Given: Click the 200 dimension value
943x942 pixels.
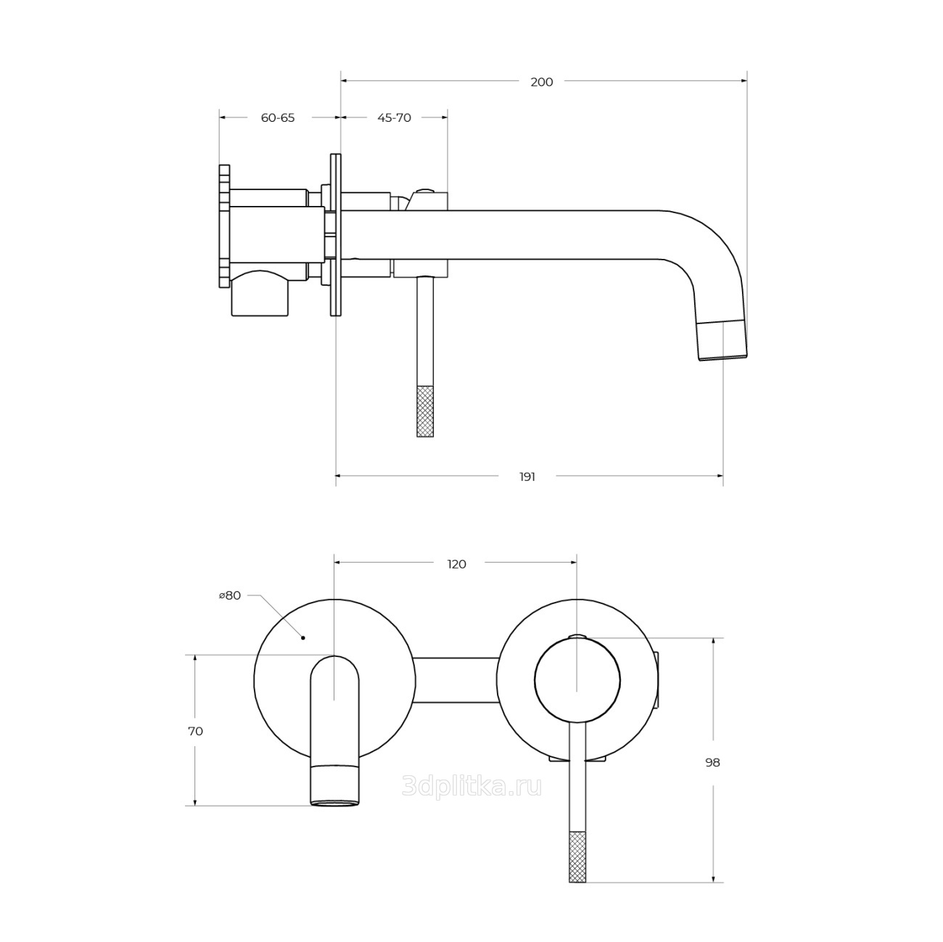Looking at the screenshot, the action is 542,82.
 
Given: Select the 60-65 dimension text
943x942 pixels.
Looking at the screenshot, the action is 278,118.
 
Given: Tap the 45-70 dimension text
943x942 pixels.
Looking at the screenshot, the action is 394,118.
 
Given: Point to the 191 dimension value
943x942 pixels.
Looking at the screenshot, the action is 527,476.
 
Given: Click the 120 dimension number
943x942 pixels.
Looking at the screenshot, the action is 456,564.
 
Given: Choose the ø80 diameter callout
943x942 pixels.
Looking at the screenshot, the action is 230,595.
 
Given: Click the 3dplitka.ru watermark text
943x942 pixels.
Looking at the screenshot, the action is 471,788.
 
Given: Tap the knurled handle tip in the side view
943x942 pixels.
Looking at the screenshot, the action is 425,411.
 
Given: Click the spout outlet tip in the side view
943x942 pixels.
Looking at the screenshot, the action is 722,341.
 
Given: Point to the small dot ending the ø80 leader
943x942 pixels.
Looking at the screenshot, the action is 303,638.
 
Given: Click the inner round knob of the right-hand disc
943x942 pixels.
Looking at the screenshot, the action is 577,680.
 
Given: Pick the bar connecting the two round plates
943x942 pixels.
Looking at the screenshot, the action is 456,681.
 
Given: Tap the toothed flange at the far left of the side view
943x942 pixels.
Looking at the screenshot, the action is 224,226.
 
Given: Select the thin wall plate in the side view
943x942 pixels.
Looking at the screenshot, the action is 336,236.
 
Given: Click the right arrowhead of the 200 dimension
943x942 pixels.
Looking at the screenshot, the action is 744,80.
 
